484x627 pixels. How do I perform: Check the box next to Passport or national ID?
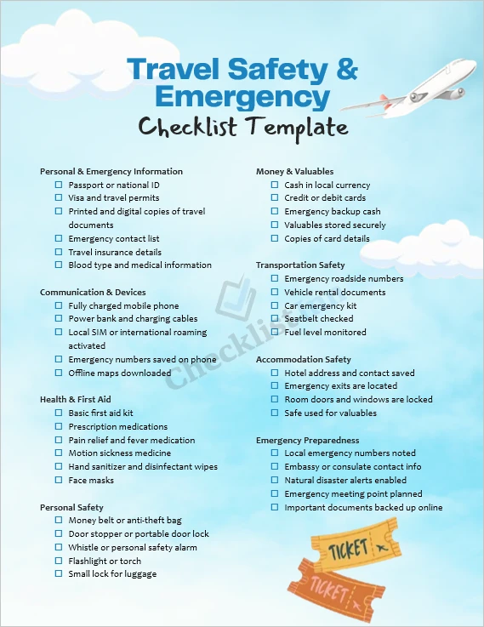tap(59, 185)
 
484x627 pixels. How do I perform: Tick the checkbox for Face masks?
tap(59, 480)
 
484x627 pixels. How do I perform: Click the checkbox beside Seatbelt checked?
tap(275, 319)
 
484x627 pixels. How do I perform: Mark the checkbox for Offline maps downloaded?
tap(59, 373)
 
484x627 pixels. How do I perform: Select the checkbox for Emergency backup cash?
tap(275, 212)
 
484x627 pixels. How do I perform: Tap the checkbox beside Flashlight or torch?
tap(59, 561)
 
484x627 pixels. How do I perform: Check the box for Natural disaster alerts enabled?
tap(275, 481)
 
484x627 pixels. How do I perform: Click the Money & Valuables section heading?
tap(294, 172)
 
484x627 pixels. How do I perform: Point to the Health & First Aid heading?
tap(75, 400)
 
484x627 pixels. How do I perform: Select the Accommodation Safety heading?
tap(303, 360)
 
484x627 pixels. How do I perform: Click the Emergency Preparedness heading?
tap(307, 441)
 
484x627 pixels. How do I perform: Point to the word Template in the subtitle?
tap(298, 128)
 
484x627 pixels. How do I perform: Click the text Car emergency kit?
tap(320, 305)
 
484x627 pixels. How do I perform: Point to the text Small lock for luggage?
tap(112, 574)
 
